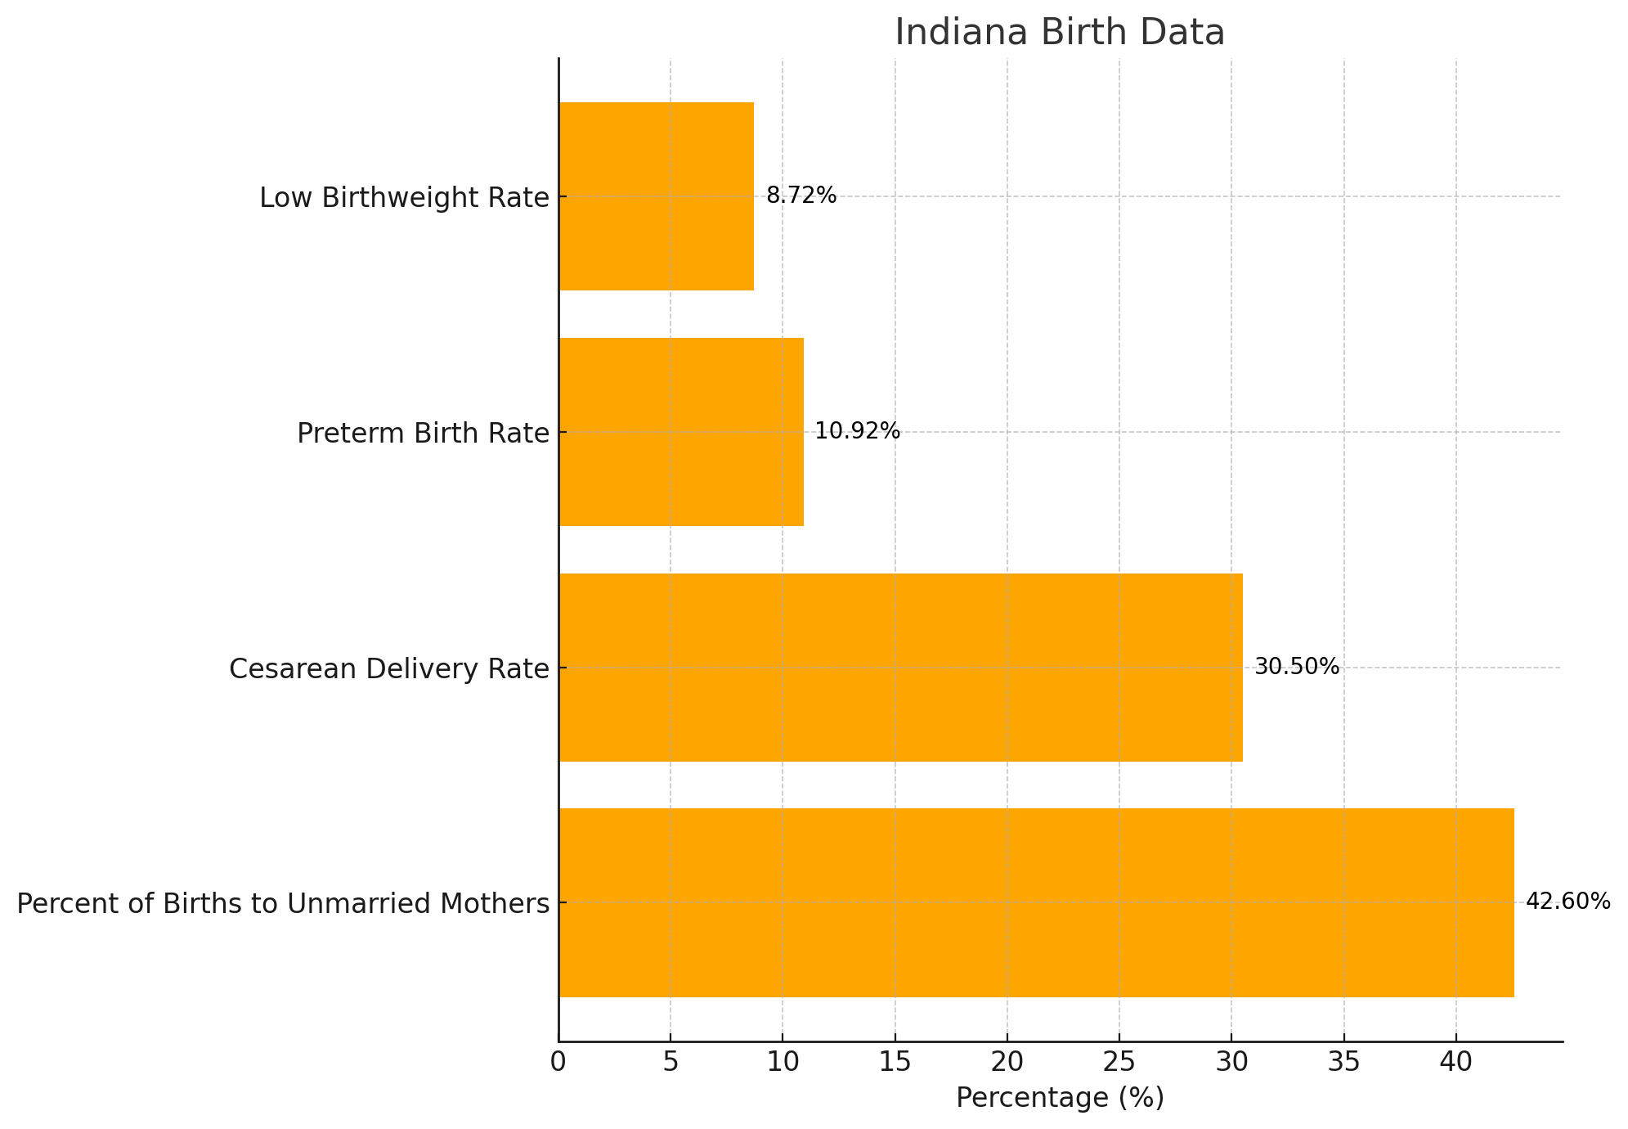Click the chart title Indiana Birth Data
(1060, 33)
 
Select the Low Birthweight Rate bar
(656, 196)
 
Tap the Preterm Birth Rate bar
(681, 432)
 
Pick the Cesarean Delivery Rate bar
(900, 668)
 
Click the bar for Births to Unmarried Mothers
(1036, 902)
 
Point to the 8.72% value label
(801, 196)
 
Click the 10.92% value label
(857, 432)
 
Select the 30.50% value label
(1297, 668)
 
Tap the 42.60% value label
(1568, 902)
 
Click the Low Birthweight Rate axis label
(404, 198)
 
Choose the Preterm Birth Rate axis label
(423, 434)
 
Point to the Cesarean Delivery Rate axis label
(388, 669)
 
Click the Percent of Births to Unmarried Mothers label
(283, 904)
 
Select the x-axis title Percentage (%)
(1060, 1098)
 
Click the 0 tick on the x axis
(558, 1063)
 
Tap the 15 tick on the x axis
(895, 1063)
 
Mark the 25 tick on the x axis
(1119, 1063)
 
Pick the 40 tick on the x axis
(1455, 1063)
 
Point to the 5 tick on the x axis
(670, 1063)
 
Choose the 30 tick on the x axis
(1231, 1063)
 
